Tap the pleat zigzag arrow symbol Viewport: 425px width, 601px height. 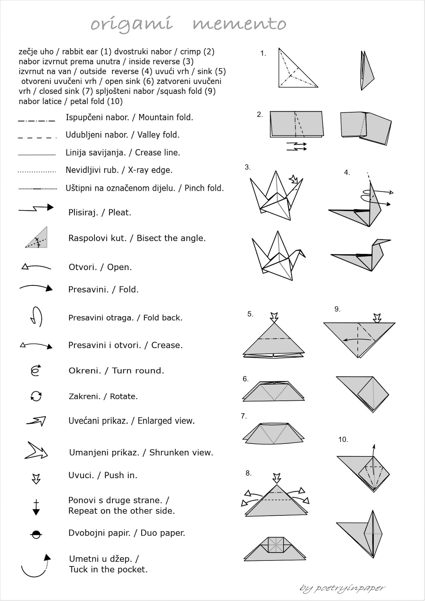(36, 208)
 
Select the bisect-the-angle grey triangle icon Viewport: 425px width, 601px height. (37, 238)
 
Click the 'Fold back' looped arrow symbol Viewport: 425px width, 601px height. (36, 317)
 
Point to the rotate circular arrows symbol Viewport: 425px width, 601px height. (36, 396)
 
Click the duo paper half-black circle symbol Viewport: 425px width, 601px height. (36, 534)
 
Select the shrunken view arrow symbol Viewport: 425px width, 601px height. (36, 451)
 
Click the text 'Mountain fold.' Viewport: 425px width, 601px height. (165, 117)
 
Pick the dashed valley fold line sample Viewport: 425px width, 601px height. (37, 137)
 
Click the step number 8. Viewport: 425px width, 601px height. (248, 473)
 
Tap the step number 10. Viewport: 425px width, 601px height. (343, 439)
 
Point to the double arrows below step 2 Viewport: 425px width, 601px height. (297, 146)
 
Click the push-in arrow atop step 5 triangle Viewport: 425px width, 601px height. (274, 316)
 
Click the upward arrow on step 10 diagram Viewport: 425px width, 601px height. (373, 451)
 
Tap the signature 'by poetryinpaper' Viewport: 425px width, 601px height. (342, 588)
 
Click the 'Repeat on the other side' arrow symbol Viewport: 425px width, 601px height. (36, 507)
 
